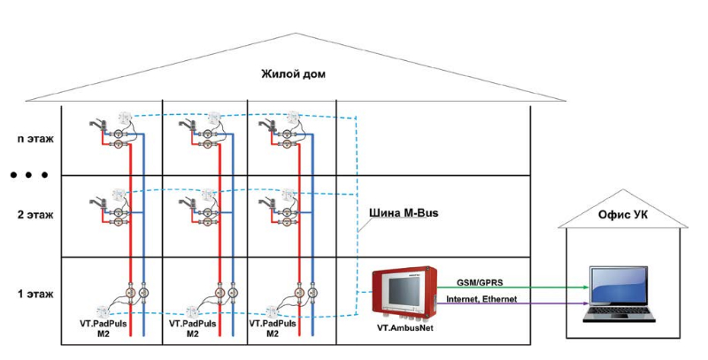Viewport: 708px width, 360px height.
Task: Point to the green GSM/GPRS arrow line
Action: [531, 288]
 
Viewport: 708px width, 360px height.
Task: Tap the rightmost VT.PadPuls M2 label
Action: [273, 329]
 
